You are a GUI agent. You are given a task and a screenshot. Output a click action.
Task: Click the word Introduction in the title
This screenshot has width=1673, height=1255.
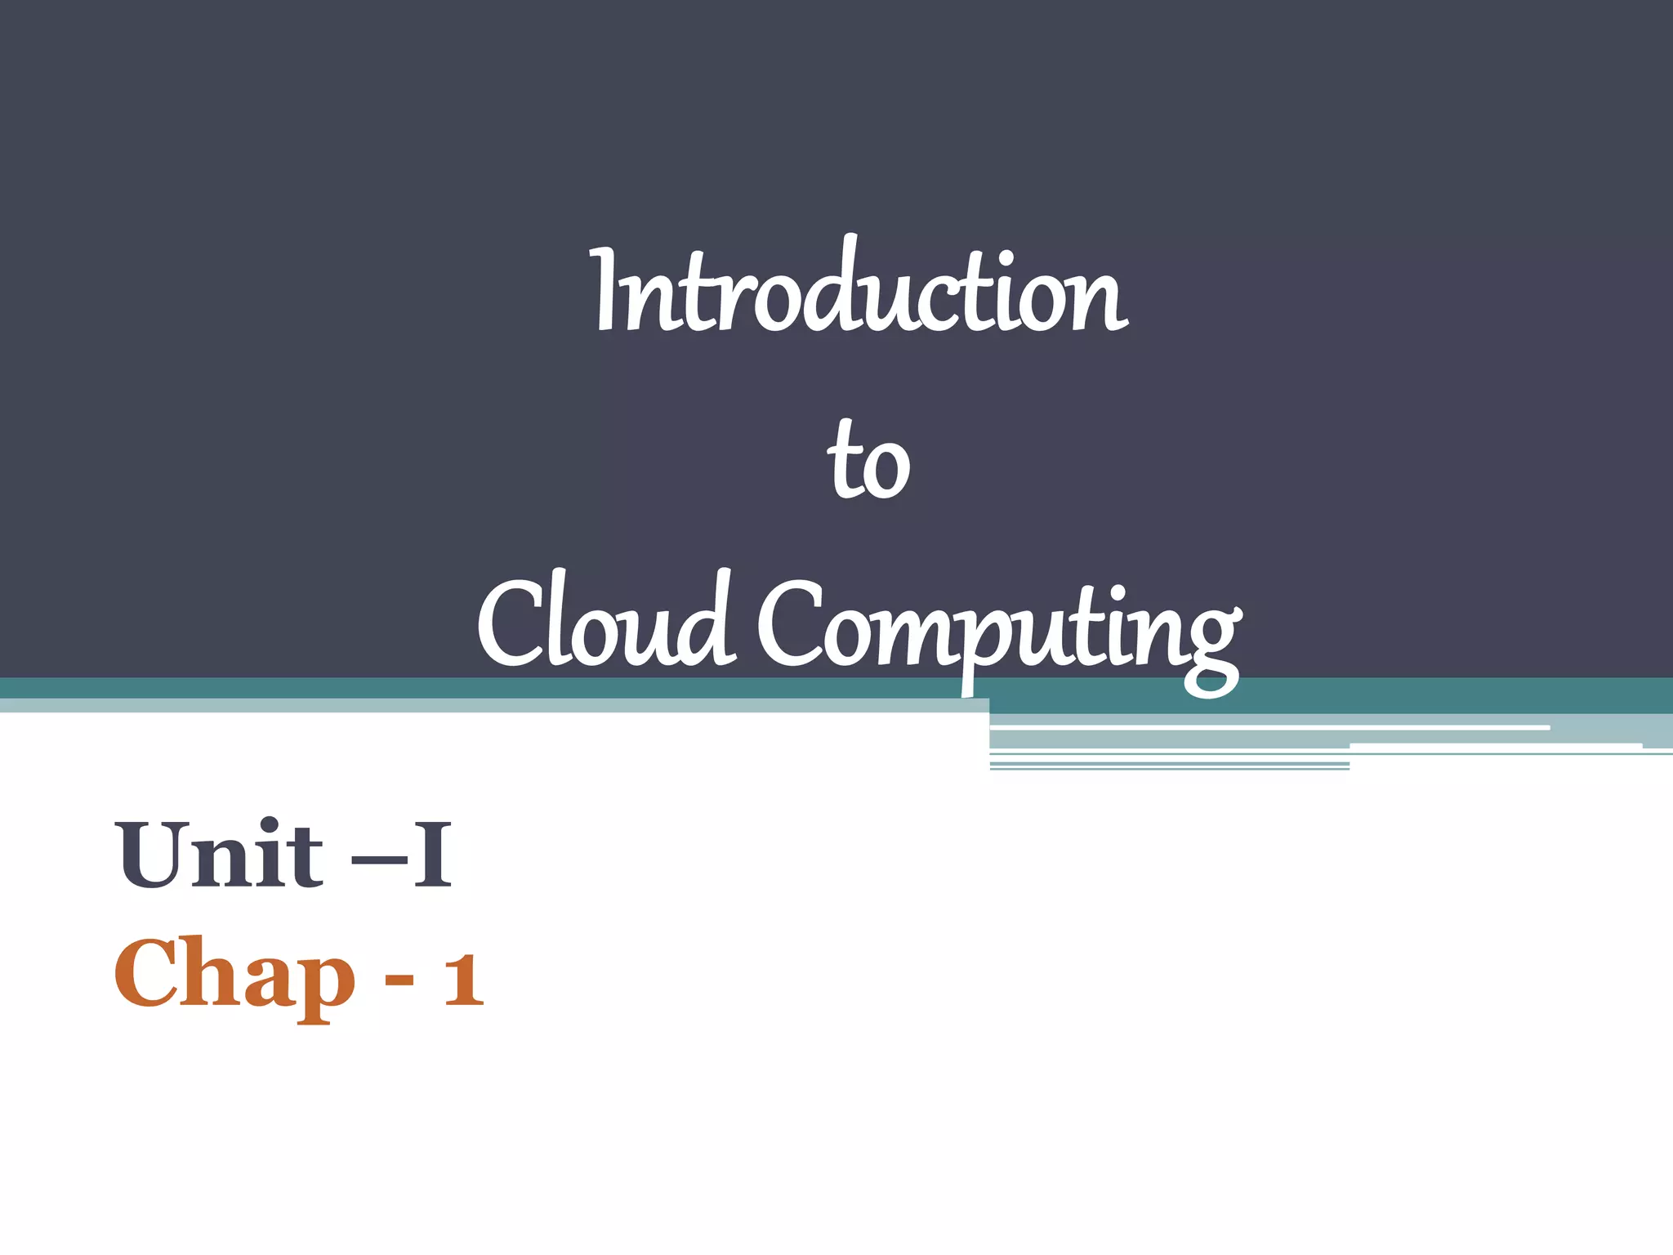point(859,290)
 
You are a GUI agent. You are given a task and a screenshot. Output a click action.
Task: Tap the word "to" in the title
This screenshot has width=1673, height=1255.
point(868,462)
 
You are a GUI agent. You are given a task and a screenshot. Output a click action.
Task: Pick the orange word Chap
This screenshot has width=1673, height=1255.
point(234,975)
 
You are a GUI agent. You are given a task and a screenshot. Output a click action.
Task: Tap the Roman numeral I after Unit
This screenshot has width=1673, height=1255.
point(432,855)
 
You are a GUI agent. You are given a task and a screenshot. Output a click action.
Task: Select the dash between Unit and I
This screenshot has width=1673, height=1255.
point(379,860)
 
